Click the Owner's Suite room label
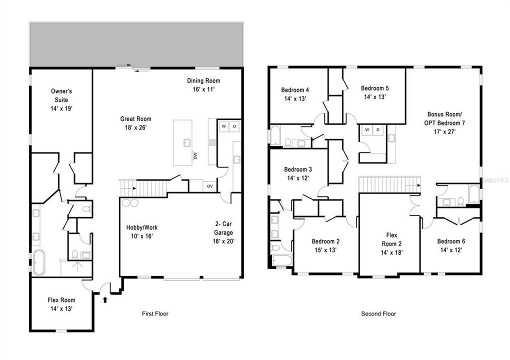click(x=62, y=99)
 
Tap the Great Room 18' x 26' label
click(x=135, y=123)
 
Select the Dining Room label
click(x=203, y=84)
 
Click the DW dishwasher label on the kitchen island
click(x=194, y=156)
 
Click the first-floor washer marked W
click(x=223, y=126)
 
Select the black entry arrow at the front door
click(x=105, y=300)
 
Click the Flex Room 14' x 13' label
click(x=61, y=304)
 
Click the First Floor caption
click(x=155, y=314)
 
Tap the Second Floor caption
click(x=378, y=314)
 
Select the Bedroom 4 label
click(x=295, y=94)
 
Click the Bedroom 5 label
click(x=375, y=92)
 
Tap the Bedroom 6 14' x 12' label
click(x=451, y=245)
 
